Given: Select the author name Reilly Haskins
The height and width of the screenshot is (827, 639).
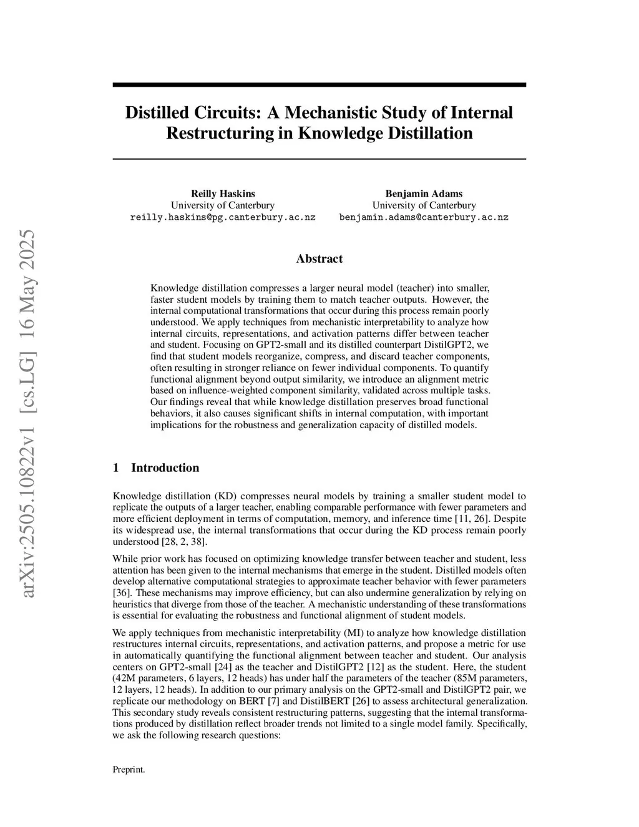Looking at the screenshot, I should [x=223, y=193].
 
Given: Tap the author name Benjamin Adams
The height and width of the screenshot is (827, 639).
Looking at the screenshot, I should [x=424, y=193].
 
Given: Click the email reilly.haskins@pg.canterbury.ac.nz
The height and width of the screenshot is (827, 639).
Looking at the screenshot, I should [x=223, y=218].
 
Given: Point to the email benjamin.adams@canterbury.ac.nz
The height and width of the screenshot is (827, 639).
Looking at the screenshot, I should [x=424, y=218].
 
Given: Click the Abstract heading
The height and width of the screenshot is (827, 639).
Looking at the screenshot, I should [x=319, y=258].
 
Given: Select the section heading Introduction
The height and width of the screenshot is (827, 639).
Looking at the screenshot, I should [x=165, y=468].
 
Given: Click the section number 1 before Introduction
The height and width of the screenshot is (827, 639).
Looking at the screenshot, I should [x=115, y=468].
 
